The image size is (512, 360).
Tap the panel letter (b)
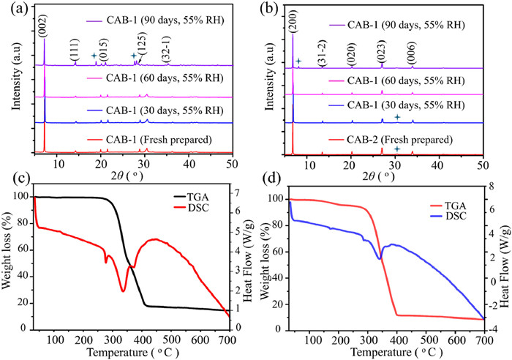(x=267, y=11)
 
